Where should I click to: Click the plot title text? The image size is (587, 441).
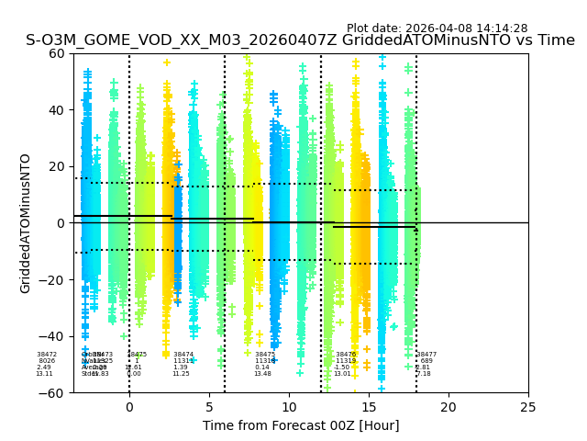(x=300, y=40)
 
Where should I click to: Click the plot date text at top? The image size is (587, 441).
(x=437, y=28)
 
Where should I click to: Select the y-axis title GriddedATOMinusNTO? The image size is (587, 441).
(x=26, y=223)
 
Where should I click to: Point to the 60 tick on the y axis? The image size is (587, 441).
(x=57, y=53)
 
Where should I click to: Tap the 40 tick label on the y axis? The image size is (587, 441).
(x=57, y=110)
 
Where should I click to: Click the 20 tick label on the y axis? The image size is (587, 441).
(x=57, y=166)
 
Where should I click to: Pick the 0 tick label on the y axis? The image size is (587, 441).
(x=61, y=223)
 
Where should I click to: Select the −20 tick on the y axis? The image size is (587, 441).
(x=53, y=279)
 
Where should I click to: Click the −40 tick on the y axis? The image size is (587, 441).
(x=53, y=336)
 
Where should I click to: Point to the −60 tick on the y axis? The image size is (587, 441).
(x=53, y=392)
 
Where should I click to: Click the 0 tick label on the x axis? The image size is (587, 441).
(x=129, y=407)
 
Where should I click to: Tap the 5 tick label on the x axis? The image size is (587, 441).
(x=209, y=407)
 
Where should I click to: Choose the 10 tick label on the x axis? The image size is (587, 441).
(x=289, y=407)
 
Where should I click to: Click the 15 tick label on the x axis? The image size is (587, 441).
(x=369, y=407)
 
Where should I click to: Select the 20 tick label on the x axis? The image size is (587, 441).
(x=449, y=407)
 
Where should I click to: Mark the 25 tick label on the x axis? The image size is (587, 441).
(x=528, y=407)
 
